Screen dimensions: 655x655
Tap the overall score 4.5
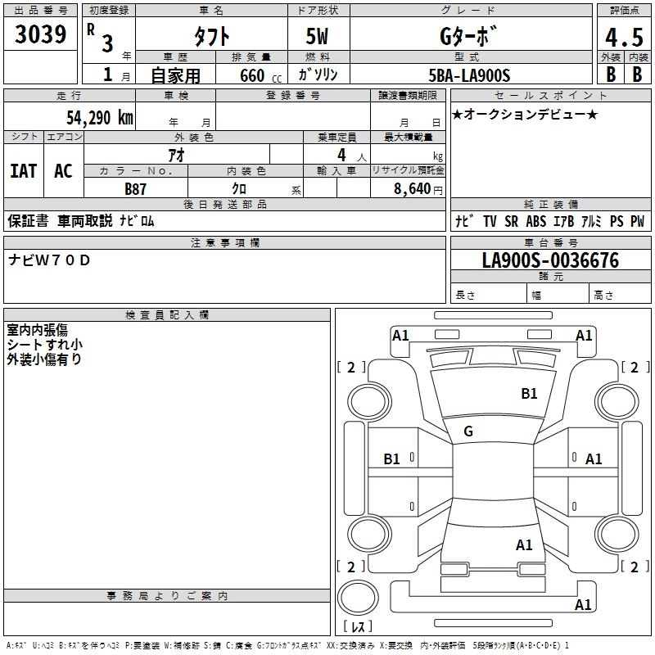[x=623, y=37]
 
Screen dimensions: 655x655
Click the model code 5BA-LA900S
[x=470, y=75]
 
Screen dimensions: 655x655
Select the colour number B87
[x=137, y=189]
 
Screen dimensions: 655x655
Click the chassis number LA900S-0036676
[x=550, y=261]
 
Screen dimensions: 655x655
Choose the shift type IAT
[x=23, y=171]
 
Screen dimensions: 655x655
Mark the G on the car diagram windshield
[x=468, y=431]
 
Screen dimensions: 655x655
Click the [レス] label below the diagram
[x=358, y=626]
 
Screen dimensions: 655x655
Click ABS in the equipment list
[x=536, y=221]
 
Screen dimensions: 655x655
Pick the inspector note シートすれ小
[x=44, y=345]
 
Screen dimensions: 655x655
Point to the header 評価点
[x=623, y=10]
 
